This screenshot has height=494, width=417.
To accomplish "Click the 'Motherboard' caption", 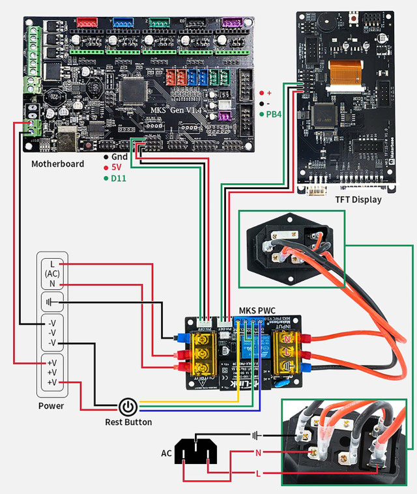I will (57, 164).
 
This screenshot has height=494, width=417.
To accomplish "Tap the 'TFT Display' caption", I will (358, 199).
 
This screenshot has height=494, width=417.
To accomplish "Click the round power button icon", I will (128, 408).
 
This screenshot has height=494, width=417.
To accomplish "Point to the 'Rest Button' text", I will (128, 422).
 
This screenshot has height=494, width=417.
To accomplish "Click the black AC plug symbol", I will (196, 450).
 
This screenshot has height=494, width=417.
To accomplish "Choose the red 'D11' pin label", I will (119, 177).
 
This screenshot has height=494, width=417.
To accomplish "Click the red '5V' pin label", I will (117, 167).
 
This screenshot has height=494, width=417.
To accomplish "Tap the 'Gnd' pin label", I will (119, 157).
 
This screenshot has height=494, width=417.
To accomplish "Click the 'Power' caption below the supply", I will (51, 405).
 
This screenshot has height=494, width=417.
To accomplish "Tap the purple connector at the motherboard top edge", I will (231, 23).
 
